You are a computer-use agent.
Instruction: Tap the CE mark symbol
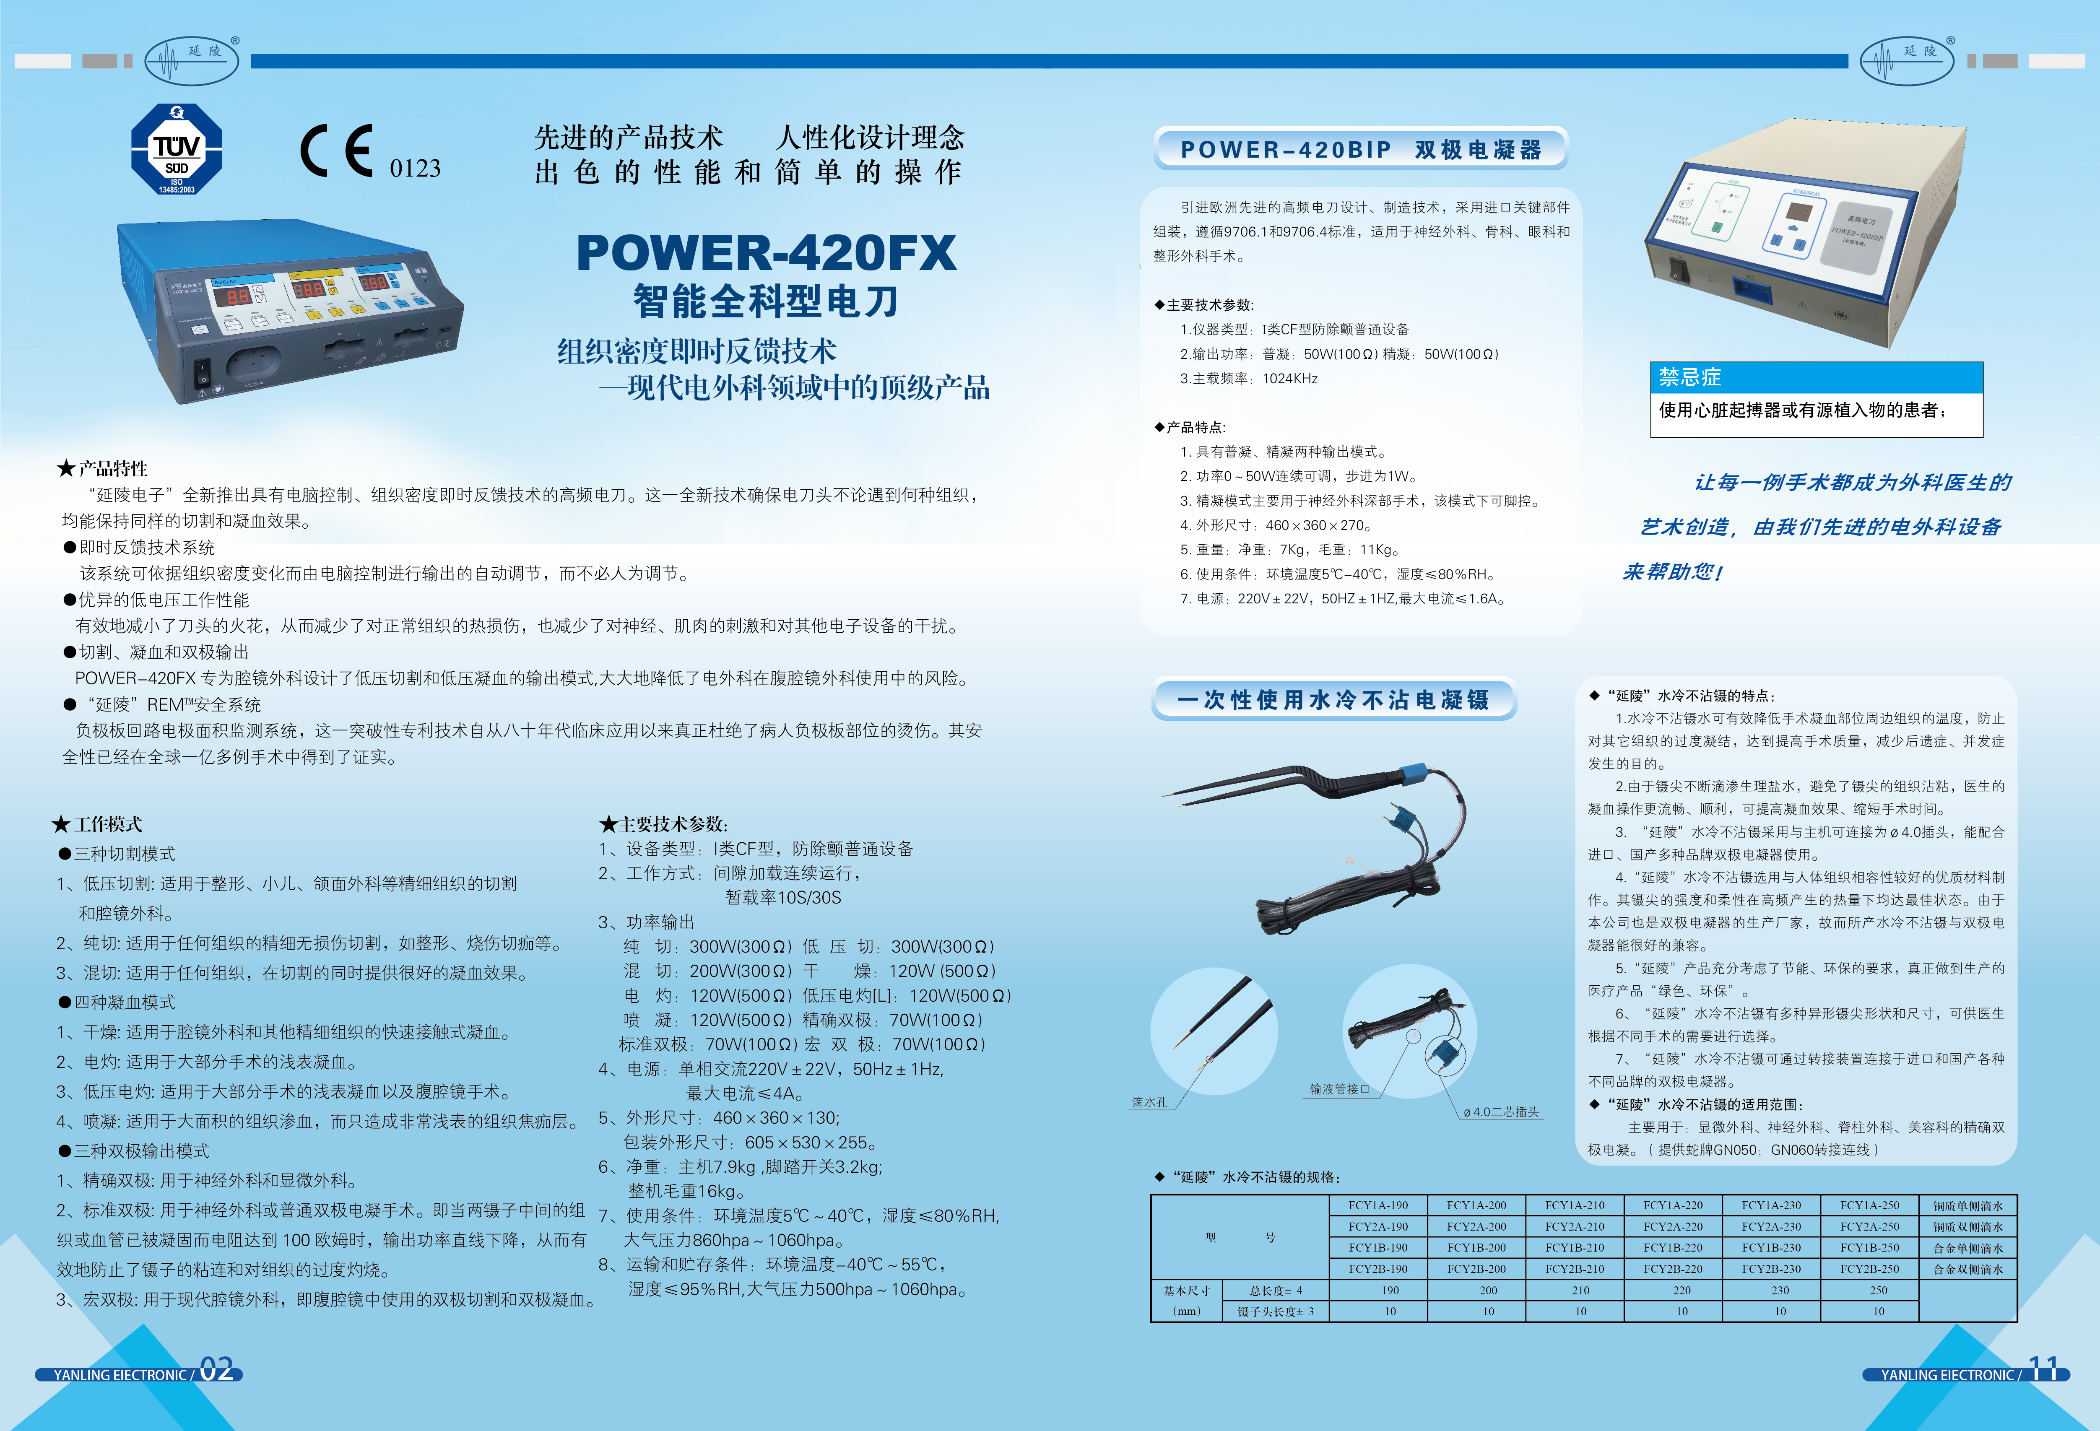pos(336,151)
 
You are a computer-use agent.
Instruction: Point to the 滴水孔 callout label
pos(1149,1102)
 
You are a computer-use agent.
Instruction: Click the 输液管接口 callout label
pos(1339,1090)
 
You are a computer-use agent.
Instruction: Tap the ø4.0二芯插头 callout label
pos(1500,1112)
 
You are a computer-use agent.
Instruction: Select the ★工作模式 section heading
pos(98,824)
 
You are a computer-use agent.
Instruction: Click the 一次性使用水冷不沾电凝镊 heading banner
pos(1333,699)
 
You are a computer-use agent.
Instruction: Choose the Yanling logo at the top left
pos(192,60)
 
